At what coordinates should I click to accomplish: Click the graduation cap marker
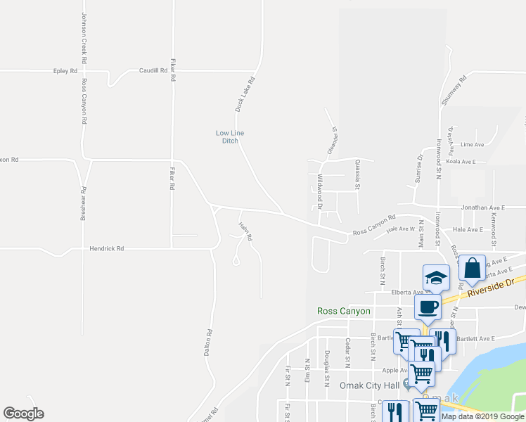tap(436, 277)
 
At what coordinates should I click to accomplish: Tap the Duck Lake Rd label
tap(243, 95)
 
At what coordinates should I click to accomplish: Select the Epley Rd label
tap(65, 71)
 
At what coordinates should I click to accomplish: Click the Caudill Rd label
tap(153, 71)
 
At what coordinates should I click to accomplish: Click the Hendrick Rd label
tap(107, 248)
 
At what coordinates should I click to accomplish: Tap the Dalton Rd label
tap(208, 343)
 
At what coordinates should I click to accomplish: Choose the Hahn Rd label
tap(245, 231)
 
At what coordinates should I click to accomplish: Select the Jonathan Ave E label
tap(483, 208)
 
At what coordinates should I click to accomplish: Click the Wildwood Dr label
tap(319, 191)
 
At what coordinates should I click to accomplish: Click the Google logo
tap(23, 414)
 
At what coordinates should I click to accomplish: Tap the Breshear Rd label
tap(83, 204)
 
